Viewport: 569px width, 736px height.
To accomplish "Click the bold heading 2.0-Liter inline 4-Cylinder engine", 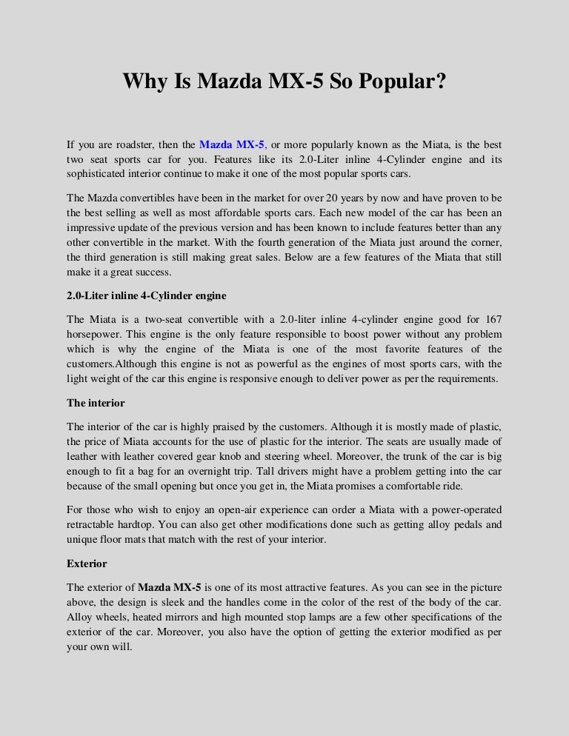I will [x=147, y=296].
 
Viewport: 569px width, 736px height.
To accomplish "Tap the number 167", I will [x=491, y=319].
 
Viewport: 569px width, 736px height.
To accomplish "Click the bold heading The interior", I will [x=96, y=404].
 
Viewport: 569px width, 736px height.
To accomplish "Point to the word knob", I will [x=242, y=457].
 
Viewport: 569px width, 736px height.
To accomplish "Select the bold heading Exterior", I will [x=87, y=563].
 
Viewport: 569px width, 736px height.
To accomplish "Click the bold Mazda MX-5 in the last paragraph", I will [x=170, y=587].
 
